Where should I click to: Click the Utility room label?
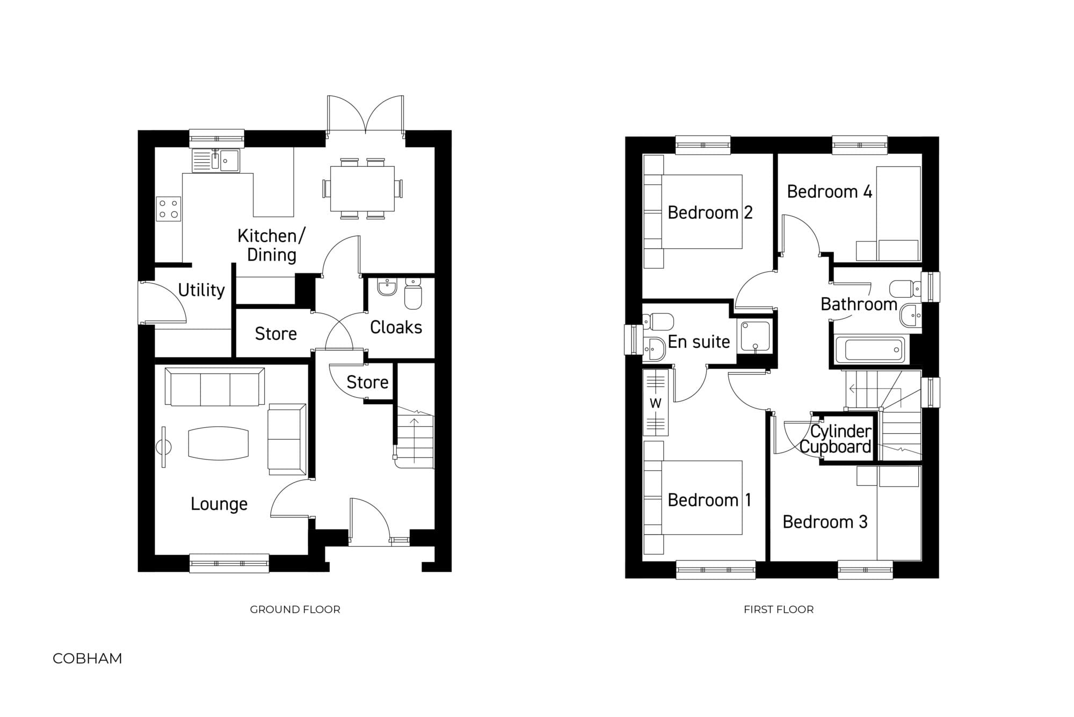coord(201,290)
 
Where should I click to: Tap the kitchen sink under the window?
coord(216,160)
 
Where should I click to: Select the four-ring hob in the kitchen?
coord(169,209)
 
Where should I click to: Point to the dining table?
coord(362,188)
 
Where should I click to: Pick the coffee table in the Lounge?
coord(219,443)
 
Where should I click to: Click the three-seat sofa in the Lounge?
coord(215,386)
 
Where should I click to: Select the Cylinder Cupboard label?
coord(836,439)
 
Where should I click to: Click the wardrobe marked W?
coord(656,402)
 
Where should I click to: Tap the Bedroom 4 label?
coord(830,192)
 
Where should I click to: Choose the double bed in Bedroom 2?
coord(693,212)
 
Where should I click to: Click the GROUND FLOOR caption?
coord(295,610)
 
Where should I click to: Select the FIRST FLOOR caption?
coord(779,610)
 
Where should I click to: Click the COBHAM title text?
coord(88,658)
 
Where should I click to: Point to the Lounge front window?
coord(229,563)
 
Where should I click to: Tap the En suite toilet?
coord(658,321)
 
